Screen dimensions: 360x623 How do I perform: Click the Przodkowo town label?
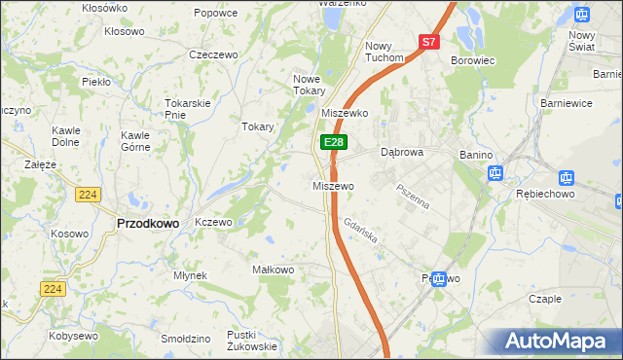[x=147, y=223]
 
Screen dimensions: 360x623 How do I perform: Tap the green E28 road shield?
[x=334, y=142]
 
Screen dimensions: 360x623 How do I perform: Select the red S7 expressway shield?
[x=430, y=42]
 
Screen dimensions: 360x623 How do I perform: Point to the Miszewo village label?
[x=333, y=186]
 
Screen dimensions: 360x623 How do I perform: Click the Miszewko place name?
[x=344, y=113]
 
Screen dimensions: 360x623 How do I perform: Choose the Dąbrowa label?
[x=401, y=153]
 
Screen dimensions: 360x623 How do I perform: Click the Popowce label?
[x=215, y=13]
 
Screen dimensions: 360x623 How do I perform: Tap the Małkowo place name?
[x=273, y=270]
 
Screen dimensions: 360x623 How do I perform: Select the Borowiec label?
[x=474, y=60]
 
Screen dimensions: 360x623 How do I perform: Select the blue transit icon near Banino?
[x=495, y=174]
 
